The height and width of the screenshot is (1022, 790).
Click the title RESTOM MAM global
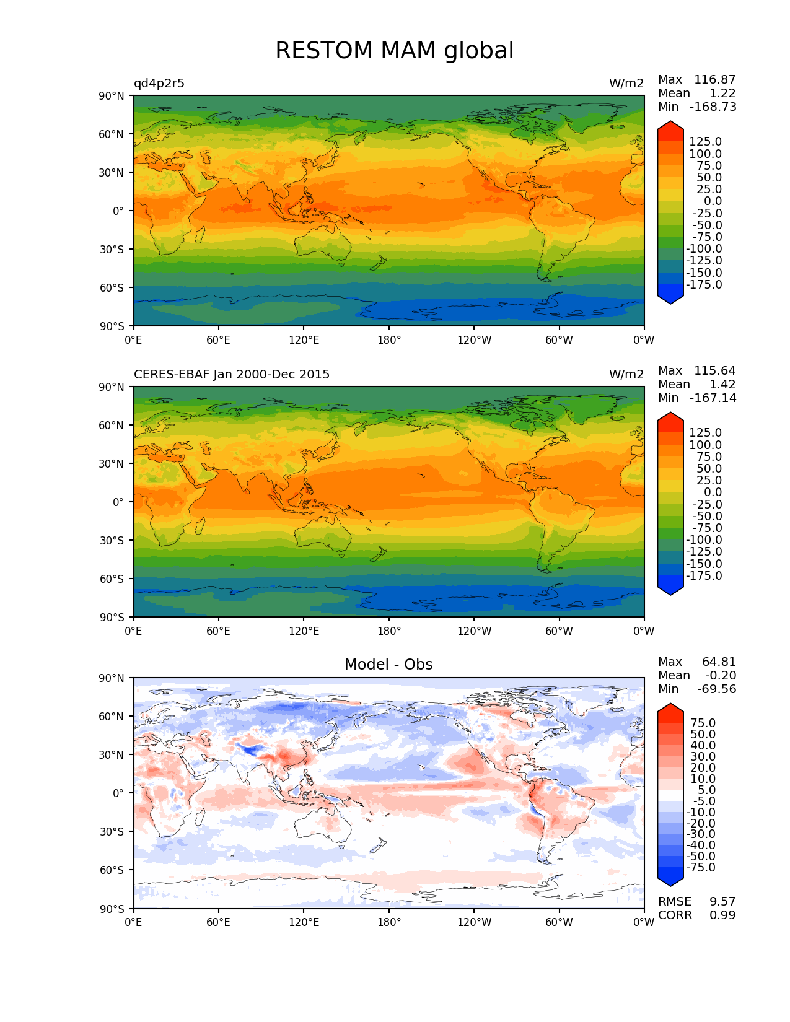pos(394,51)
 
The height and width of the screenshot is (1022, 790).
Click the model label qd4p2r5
pos(159,84)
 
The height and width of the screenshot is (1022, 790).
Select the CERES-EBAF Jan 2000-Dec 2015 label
pos(232,375)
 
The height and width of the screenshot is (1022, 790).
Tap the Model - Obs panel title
pos(388,665)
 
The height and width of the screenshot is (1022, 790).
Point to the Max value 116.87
pos(714,80)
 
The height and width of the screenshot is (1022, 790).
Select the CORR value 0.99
pos(722,915)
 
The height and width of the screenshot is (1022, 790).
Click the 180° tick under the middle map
pos(389,631)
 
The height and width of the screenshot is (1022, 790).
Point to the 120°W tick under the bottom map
pos(474,922)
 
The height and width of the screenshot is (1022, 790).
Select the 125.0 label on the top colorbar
pos(705,142)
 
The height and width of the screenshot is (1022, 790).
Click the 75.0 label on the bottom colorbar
pos(703,723)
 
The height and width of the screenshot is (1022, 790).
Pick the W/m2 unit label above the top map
pos(626,84)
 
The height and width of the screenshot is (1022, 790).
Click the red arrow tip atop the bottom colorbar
pos(670,710)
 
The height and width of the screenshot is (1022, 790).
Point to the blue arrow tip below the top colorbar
pos(670,298)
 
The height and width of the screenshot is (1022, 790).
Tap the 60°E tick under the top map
pos(219,340)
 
